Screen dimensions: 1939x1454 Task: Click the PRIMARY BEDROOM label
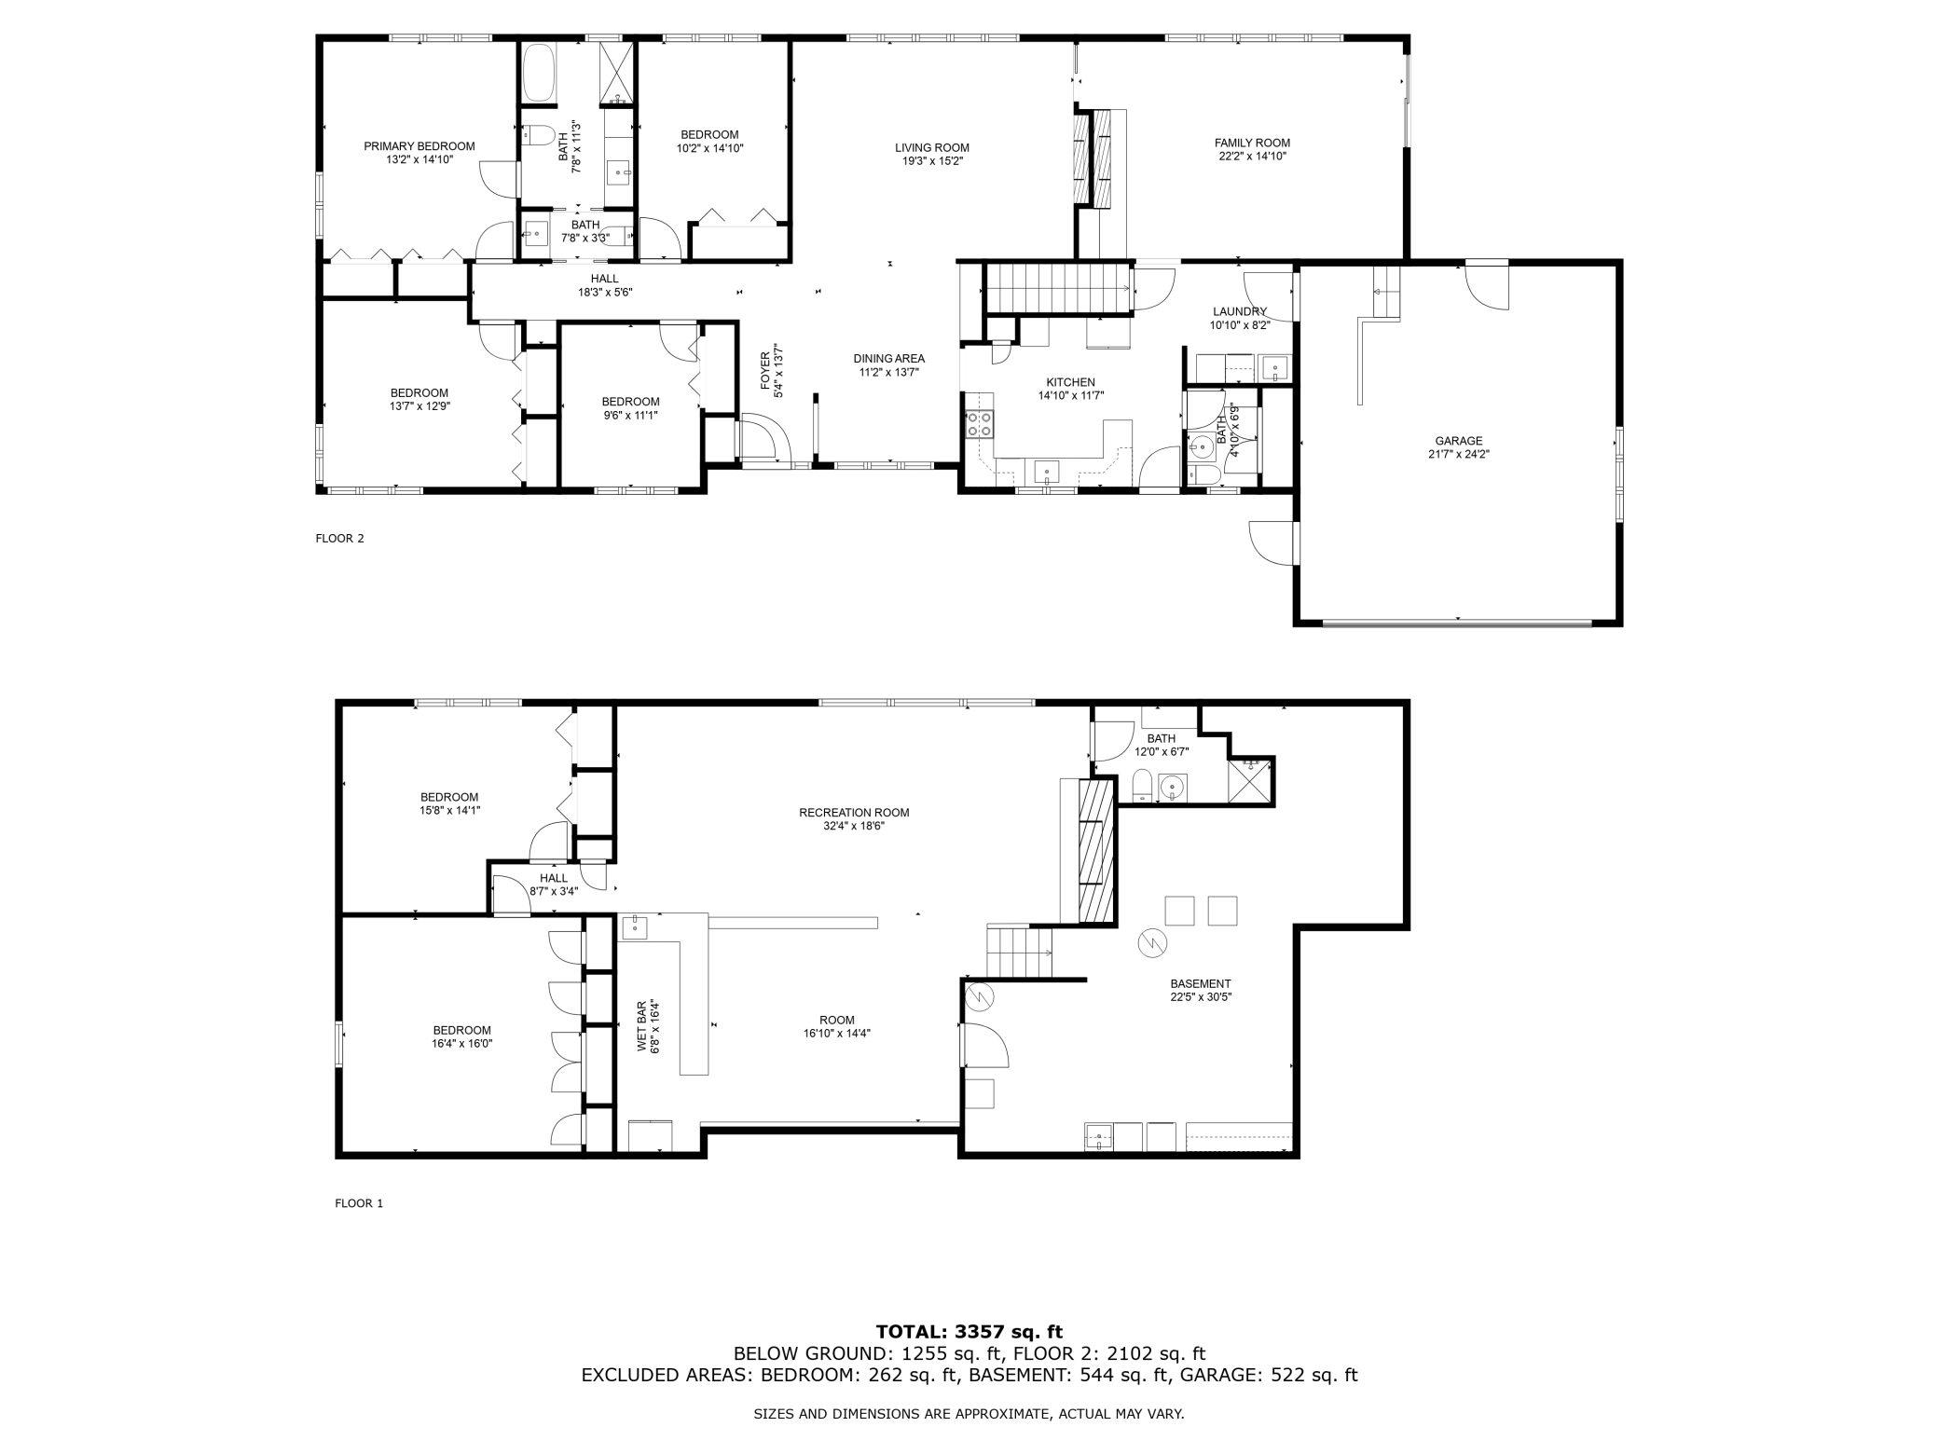click(419, 146)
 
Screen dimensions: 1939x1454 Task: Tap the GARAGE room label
click(1458, 441)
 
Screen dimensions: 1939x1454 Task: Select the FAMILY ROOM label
click(1252, 143)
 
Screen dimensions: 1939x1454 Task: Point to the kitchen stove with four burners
click(980, 424)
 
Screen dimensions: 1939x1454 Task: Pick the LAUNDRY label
click(1239, 311)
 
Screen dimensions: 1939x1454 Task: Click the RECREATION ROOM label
click(853, 812)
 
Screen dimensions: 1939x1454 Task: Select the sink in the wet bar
click(634, 927)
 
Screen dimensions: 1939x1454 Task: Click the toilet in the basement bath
click(1143, 785)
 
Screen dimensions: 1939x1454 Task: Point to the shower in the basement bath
click(1251, 780)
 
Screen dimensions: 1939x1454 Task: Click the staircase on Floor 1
click(1020, 952)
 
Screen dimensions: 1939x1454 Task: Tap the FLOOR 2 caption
click(339, 538)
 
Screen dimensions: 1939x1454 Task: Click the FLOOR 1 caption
click(359, 1203)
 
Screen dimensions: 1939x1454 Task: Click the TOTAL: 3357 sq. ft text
click(969, 1331)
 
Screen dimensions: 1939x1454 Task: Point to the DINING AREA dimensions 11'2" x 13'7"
click(888, 372)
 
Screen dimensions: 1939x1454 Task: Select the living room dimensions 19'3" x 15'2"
click(932, 160)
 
